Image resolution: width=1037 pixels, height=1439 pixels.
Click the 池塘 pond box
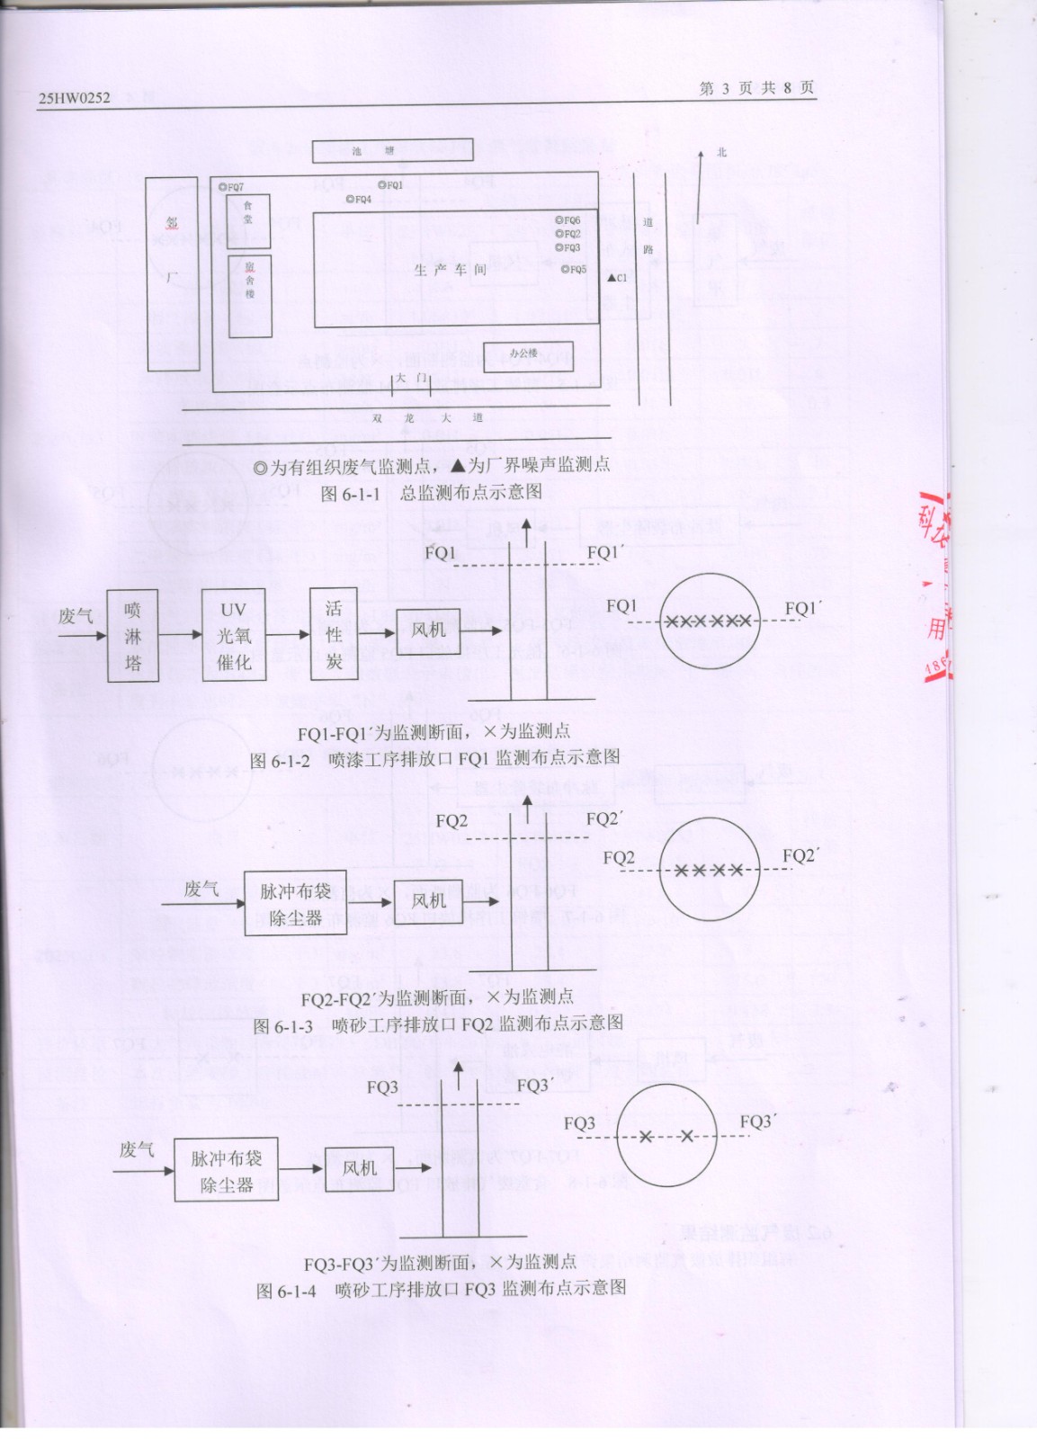[393, 151]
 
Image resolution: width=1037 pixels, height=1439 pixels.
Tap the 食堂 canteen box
[248, 220]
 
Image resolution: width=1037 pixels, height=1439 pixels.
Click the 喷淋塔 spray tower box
[133, 636]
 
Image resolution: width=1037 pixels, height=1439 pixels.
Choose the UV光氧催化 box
[234, 635]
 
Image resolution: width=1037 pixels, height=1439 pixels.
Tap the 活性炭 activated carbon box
[334, 635]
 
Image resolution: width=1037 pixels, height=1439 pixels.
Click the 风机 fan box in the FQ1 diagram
[428, 630]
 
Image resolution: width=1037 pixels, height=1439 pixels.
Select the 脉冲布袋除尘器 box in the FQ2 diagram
[295, 903]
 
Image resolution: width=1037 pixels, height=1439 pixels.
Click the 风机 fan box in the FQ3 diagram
[360, 1168]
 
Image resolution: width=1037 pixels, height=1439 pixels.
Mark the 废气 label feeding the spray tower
[76, 616]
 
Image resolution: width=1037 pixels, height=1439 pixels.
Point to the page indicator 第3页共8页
[756, 88]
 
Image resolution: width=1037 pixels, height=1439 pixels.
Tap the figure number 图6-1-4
[286, 1291]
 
